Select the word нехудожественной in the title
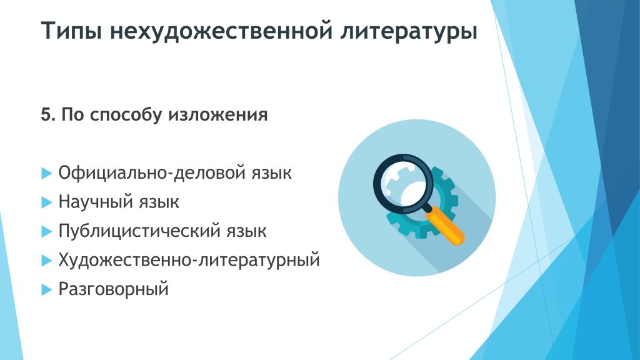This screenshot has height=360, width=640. pyautogui.click(x=221, y=31)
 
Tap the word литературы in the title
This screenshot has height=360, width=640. pyautogui.click(x=409, y=31)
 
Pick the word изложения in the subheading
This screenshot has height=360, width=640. pyautogui.click(x=218, y=115)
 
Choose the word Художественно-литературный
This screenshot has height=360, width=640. pyautogui.click(x=189, y=260)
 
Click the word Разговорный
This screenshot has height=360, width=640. pyautogui.click(x=114, y=289)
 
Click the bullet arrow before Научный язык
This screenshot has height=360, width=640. pyautogui.click(x=47, y=202)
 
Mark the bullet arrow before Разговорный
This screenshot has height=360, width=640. pyautogui.click(x=47, y=290)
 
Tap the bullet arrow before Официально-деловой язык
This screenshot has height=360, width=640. pyautogui.click(x=47, y=174)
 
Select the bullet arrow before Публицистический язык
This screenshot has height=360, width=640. pyautogui.click(x=47, y=231)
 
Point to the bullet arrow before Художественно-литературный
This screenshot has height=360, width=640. pyautogui.click(x=47, y=261)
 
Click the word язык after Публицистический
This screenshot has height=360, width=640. pyautogui.click(x=246, y=231)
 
